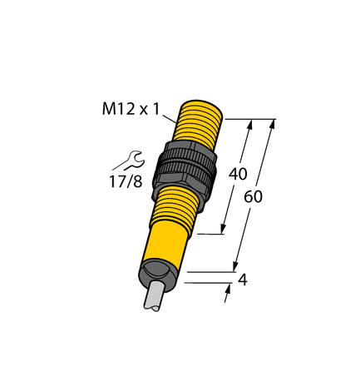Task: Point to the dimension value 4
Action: (242, 281)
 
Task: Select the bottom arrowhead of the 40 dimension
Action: (224, 231)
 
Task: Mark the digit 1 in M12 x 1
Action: (158, 108)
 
